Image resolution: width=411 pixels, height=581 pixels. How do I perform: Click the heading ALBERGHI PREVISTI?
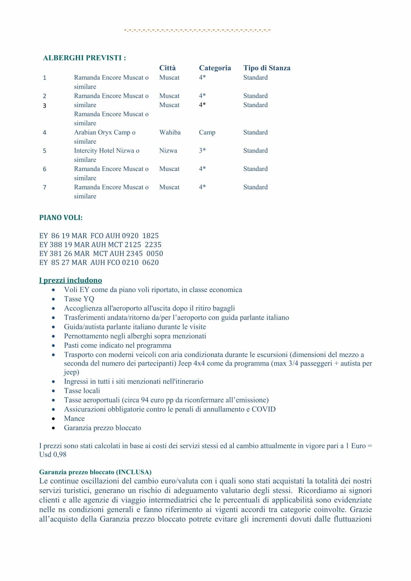tap(84, 58)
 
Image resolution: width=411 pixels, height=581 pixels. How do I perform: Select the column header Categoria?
tap(214, 68)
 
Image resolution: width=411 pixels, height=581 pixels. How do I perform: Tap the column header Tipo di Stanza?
tap(267, 68)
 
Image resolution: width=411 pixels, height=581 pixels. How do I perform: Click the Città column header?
tap(167, 68)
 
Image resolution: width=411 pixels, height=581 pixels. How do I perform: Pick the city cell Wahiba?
tap(170, 133)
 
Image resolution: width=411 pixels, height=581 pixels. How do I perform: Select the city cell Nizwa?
tap(168, 151)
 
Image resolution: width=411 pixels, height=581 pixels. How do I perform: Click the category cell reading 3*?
tap(202, 151)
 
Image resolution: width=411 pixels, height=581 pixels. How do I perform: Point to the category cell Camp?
tap(207, 133)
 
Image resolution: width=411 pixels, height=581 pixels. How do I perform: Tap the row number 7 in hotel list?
tap(45, 187)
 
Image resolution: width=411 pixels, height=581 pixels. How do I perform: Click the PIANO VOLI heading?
tap(61, 218)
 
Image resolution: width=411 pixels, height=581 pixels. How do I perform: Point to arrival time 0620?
tap(150, 263)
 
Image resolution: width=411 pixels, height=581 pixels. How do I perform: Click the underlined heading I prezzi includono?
tap(70, 280)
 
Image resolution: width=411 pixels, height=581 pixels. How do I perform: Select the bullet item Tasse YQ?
tap(79, 299)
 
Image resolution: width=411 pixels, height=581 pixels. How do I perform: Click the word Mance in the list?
tap(74, 419)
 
